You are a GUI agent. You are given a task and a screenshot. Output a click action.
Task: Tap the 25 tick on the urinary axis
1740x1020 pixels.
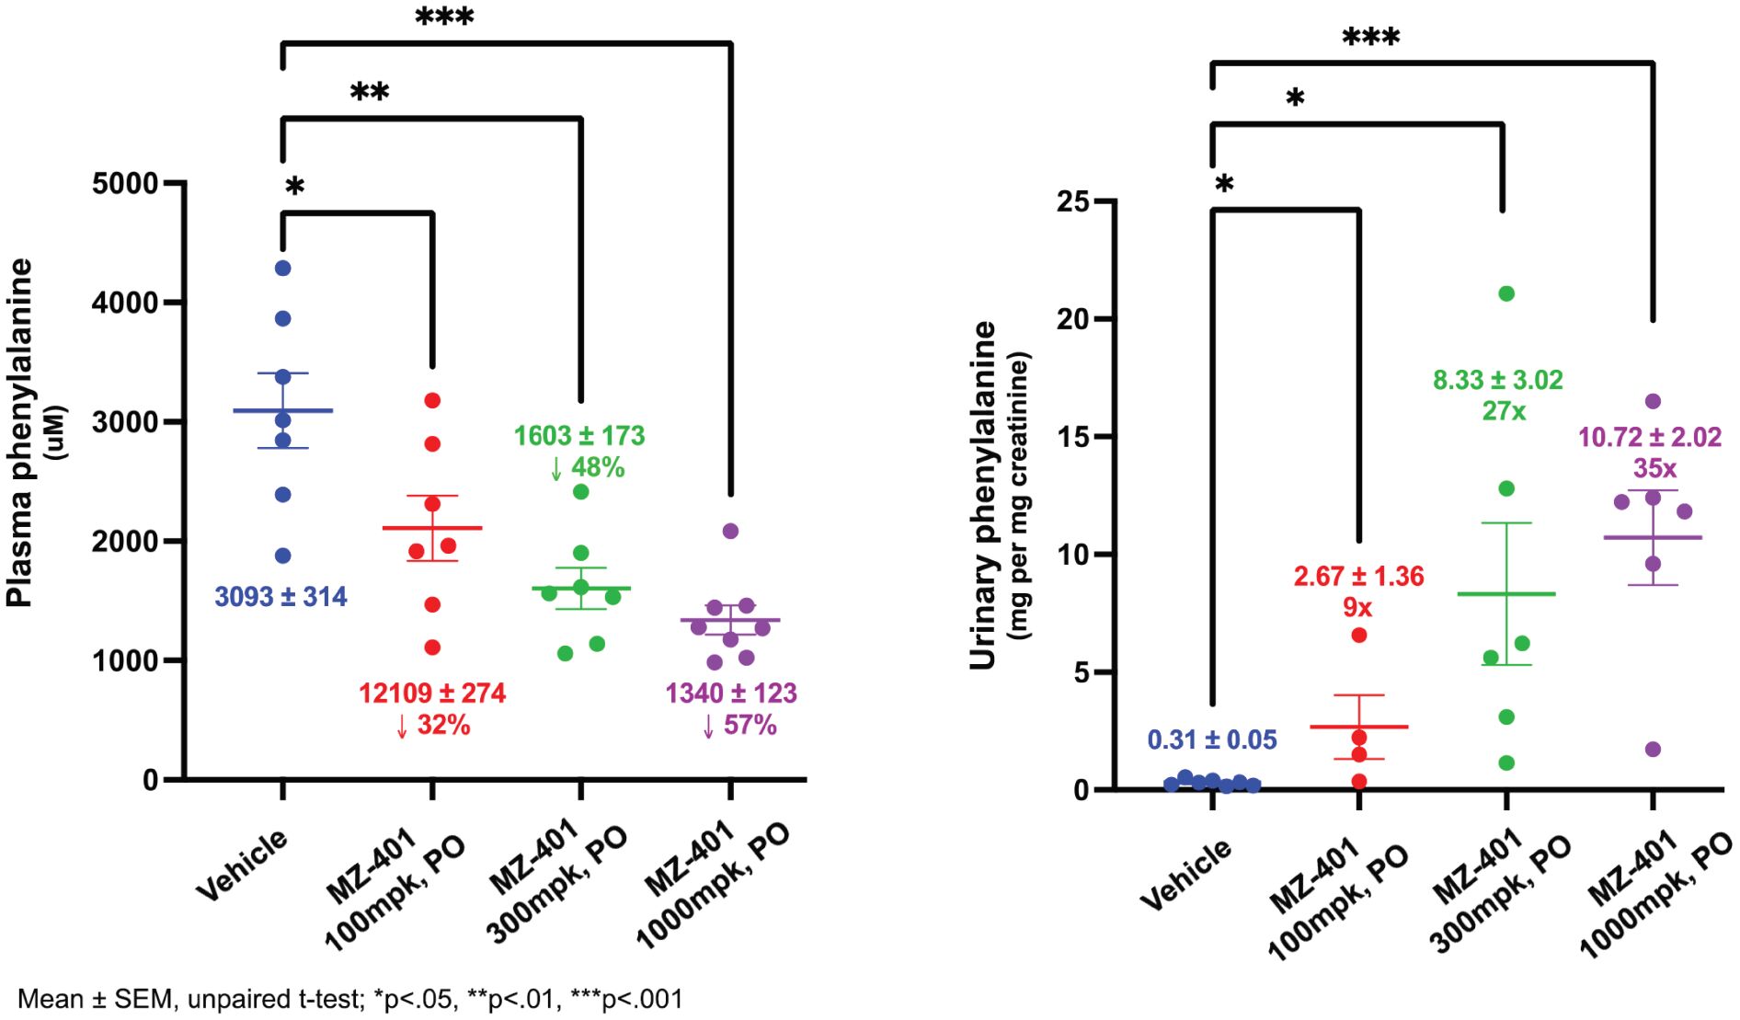(1072, 201)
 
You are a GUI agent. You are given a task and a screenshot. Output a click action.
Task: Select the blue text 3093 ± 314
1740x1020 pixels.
(280, 597)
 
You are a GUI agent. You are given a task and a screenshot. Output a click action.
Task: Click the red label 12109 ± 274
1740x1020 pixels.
(432, 693)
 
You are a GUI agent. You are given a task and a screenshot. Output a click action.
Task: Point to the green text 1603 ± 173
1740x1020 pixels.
(579, 436)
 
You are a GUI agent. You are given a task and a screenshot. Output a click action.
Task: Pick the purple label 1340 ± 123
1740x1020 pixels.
(731, 693)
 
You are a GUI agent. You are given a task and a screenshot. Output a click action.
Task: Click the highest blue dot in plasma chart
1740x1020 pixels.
(283, 269)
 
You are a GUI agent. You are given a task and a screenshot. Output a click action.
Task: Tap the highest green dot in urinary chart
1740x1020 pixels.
(1506, 294)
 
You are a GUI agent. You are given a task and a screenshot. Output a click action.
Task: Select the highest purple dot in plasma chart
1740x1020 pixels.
(730, 531)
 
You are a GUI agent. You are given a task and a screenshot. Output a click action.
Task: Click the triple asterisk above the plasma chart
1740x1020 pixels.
(444, 17)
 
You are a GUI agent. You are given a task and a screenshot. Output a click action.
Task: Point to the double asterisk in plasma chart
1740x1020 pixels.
(370, 92)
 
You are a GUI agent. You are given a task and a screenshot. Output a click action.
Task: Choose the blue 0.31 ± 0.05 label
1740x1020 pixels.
(1212, 739)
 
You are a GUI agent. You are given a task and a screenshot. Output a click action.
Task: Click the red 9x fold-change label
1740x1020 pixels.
(1357, 608)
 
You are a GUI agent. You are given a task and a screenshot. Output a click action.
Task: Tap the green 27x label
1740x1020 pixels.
(1504, 411)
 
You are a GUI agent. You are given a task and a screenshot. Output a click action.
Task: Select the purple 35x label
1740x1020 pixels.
(1654, 468)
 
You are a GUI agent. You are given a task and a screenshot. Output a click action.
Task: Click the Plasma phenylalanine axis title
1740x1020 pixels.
(20, 432)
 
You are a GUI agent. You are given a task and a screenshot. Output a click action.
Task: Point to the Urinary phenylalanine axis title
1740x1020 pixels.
(983, 495)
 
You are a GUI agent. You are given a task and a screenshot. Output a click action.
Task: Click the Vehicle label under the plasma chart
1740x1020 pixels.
(242, 865)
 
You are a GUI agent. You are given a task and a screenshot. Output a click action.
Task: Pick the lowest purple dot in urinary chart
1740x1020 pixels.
(1653, 750)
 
